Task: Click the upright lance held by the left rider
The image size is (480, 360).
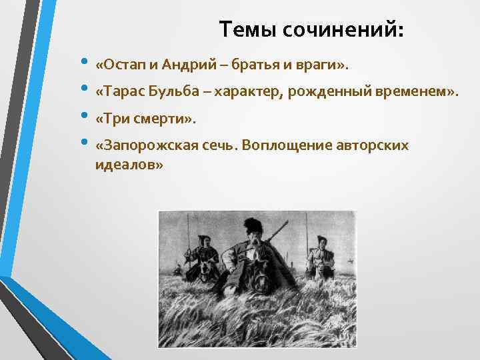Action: point(189,233)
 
